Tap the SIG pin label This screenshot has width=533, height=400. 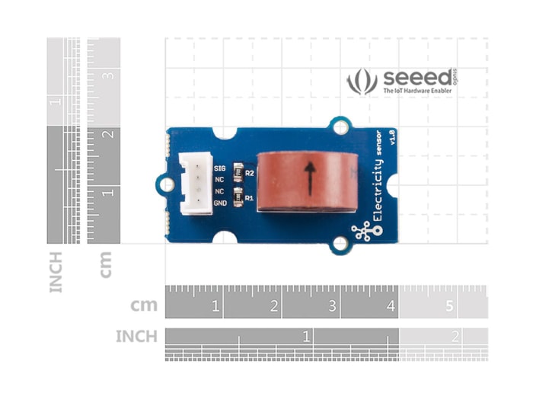pyautogui.click(x=221, y=167)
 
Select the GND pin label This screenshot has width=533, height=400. pyautogui.click(x=221, y=203)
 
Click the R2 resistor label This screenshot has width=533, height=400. pyautogui.click(x=249, y=174)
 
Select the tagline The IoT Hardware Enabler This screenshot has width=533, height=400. pyautogui.click(x=417, y=91)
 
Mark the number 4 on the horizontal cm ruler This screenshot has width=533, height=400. pyautogui.click(x=391, y=306)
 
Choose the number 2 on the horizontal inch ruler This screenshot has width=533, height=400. pyautogui.click(x=455, y=335)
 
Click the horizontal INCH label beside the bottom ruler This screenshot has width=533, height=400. pyautogui.click(x=136, y=336)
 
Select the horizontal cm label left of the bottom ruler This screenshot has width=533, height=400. pyautogui.click(x=144, y=306)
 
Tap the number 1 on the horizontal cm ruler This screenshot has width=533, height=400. pyautogui.click(x=216, y=306)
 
